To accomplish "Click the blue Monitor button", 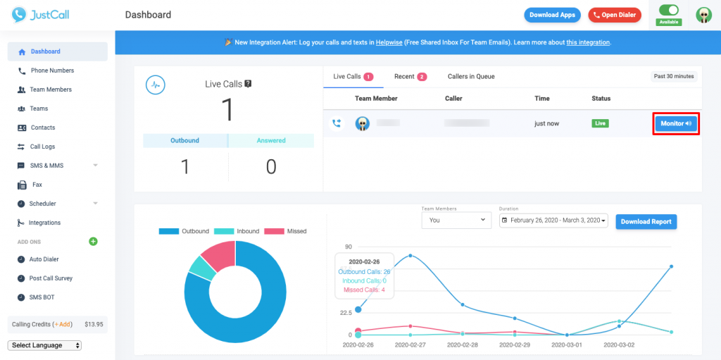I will [675, 123].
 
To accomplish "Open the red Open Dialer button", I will [615, 15].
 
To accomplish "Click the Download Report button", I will [646, 221].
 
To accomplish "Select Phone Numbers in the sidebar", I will [51, 70].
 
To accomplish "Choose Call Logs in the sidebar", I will [42, 147].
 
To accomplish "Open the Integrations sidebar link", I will [44, 223].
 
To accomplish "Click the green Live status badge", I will [600, 123].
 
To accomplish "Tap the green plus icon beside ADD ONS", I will [93, 242].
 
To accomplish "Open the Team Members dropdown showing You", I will [456, 221].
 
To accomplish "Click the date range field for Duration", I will [553, 221].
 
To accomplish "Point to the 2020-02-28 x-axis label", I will [464, 345].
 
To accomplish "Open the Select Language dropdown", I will [44, 345].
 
